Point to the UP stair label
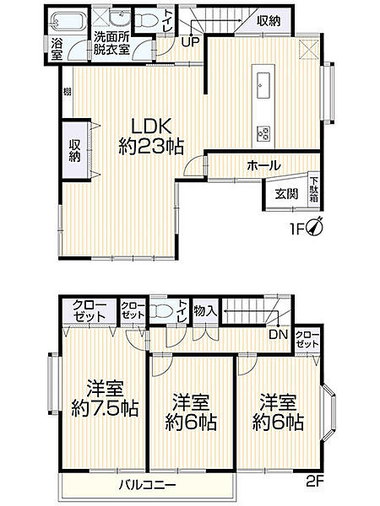point(190,40)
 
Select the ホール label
point(263,165)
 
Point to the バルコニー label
point(145,486)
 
